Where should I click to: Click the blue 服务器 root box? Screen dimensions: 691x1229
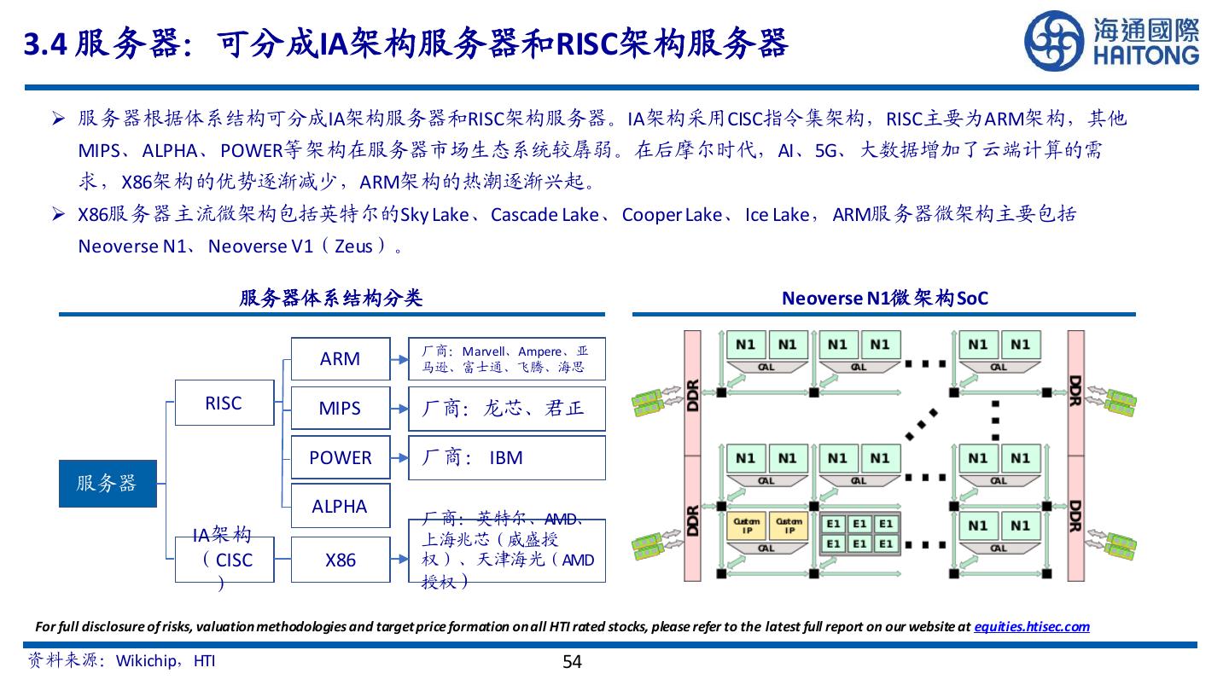click(x=108, y=483)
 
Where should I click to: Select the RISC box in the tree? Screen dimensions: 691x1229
click(x=224, y=403)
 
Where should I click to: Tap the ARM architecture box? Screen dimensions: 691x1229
click(x=340, y=359)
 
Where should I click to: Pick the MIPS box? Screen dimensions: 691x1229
click(x=340, y=408)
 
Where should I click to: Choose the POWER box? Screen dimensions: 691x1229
click(x=340, y=457)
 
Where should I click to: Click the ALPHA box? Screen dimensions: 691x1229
click(x=340, y=506)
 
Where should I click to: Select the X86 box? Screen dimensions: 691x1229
click(x=340, y=560)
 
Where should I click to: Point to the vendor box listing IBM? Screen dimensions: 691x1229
click(x=507, y=457)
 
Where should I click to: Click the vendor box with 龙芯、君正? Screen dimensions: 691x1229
click(x=507, y=408)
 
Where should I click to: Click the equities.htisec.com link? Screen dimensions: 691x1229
click(x=1031, y=627)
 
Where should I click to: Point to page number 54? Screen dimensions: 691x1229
click(x=572, y=662)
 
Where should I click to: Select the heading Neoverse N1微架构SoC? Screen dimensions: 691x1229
click(x=885, y=298)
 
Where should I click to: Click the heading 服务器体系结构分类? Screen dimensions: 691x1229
click(x=331, y=298)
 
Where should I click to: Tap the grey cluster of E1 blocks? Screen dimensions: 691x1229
click(x=859, y=533)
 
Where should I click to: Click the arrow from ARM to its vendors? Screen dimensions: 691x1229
click(x=399, y=359)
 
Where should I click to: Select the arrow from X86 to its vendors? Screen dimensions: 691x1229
click(x=399, y=560)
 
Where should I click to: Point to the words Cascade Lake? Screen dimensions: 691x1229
click(x=545, y=215)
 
